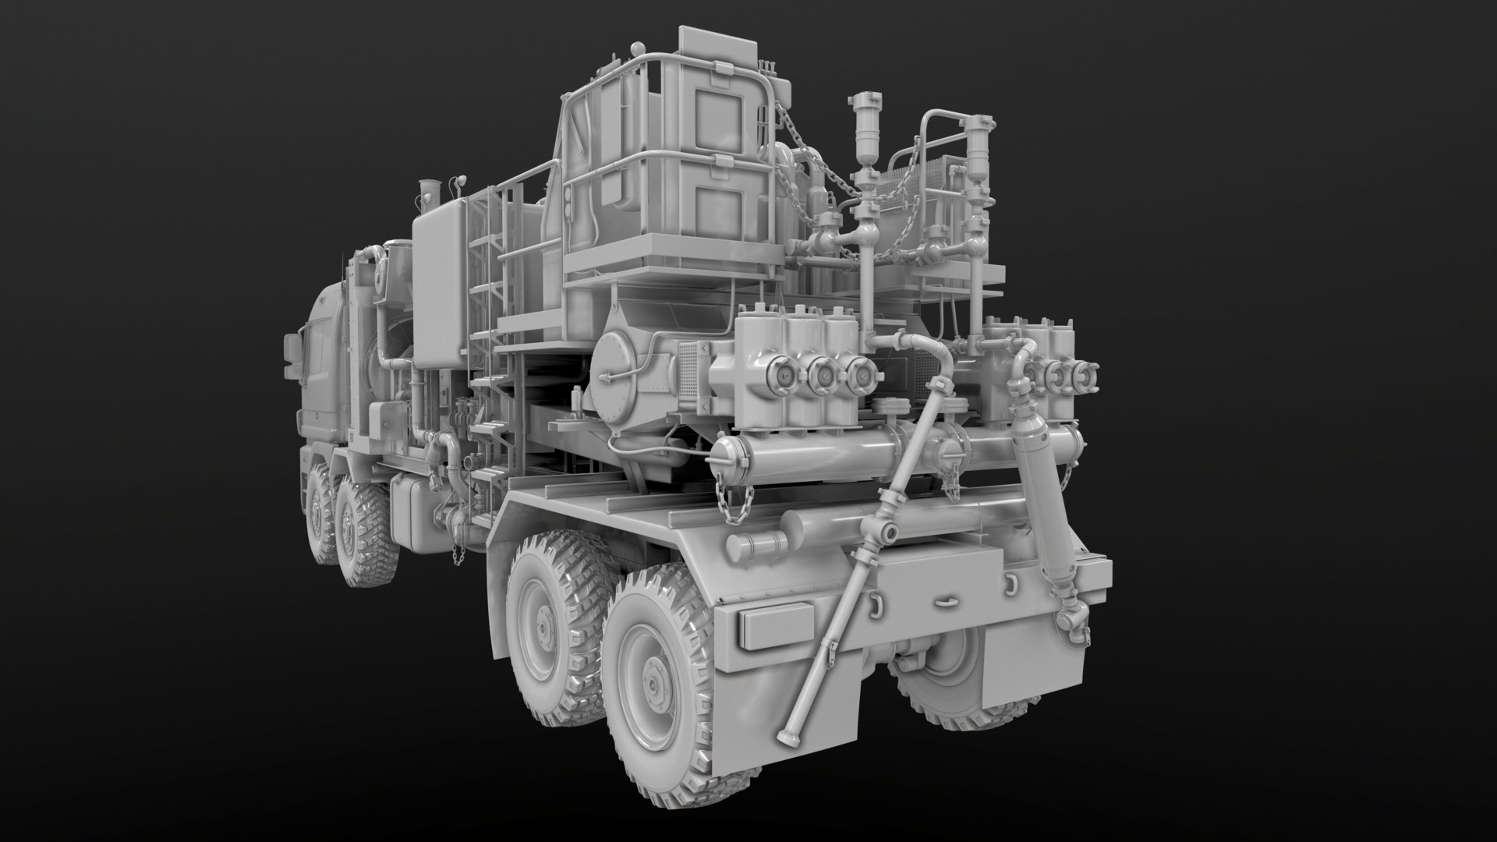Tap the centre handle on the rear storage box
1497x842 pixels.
coord(945,600)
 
